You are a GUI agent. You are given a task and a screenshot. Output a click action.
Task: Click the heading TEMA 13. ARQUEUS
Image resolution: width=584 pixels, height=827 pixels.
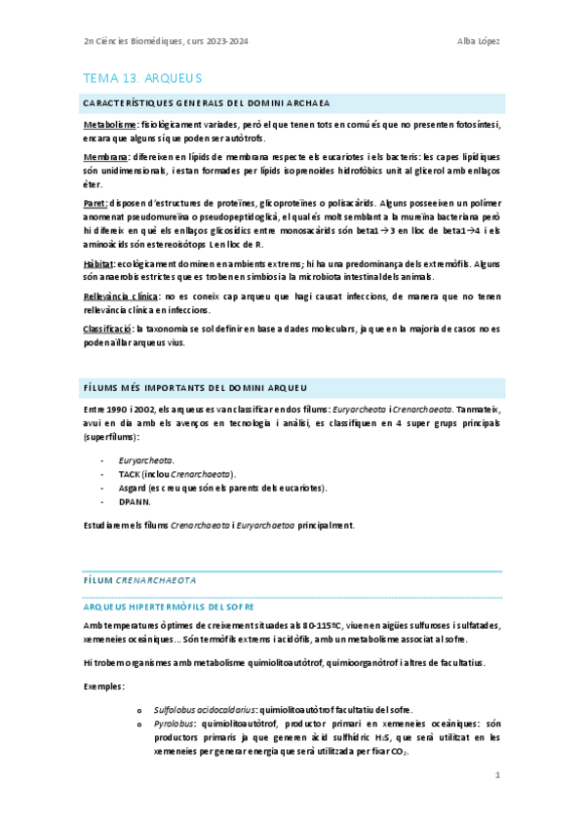[x=142, y=77]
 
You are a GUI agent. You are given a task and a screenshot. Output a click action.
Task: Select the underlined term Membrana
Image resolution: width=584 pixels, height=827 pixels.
[x=107, y=156]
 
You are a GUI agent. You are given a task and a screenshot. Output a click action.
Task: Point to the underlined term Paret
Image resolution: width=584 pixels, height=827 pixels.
[x=96, y=203]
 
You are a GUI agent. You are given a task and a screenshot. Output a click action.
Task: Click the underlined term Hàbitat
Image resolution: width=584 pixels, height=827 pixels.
[x=98, y=263]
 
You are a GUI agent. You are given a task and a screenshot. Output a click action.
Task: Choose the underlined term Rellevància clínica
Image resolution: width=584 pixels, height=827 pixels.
[x=128, y=295]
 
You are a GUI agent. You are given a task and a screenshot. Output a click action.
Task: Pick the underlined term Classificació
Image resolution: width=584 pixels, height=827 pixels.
[x=107, y=329]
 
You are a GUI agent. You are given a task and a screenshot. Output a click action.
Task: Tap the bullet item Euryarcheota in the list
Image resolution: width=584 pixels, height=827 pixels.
[x=146, y=458]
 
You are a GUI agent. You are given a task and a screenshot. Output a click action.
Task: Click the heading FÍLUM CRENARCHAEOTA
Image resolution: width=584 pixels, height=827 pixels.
[x=140, y=579]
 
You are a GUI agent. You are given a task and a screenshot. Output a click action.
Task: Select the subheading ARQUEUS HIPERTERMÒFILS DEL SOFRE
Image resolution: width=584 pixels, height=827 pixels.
[x=169, y=606]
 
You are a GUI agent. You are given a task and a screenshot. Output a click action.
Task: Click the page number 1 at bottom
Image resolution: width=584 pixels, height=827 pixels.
[x=496, y=775]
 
